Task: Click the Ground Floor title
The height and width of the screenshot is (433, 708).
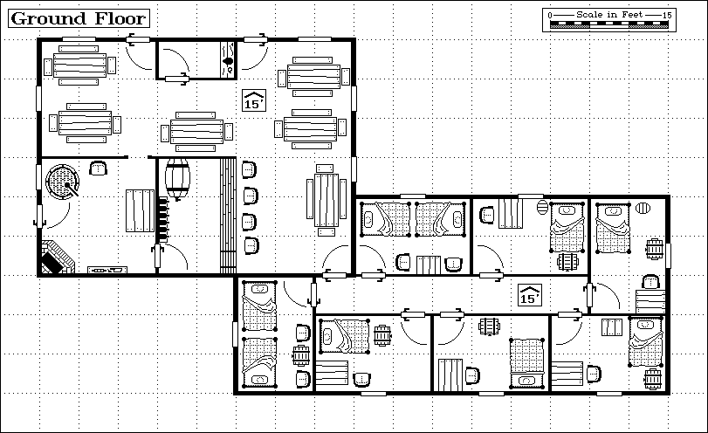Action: [x=79, y=18]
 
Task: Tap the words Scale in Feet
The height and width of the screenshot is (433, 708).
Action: [x=609, y=15]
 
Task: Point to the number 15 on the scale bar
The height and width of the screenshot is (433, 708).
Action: [x=667, y=15]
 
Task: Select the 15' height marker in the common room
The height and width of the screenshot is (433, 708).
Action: [x=254, y=100]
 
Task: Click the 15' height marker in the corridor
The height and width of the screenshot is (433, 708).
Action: [x=530, y=295]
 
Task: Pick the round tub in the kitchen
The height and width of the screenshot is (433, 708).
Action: [x=62, y=182]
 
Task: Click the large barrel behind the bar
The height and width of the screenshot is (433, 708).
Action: [x=177, y=179]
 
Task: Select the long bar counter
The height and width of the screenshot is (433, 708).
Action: [x=228, y=216]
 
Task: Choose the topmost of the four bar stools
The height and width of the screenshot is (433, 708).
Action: [x=249, y=169]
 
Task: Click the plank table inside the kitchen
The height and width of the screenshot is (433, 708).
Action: [x=140, y=211]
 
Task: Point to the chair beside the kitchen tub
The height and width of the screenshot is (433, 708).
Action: [x=98, y=168]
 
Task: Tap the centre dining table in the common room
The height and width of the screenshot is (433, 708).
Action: [x=196, y=132]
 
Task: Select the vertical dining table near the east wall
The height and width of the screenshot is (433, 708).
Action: [x=326, y=200]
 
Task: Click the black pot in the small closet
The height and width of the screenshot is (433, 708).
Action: [x=228, y=61]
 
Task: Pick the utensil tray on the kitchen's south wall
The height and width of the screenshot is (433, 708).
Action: [x=107, y=270]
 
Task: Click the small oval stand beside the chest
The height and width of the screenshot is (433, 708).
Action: [x=542, y=208]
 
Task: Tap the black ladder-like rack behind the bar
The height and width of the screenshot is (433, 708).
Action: [x=162, y=219]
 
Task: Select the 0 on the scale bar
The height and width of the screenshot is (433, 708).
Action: [x=550, y=16]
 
